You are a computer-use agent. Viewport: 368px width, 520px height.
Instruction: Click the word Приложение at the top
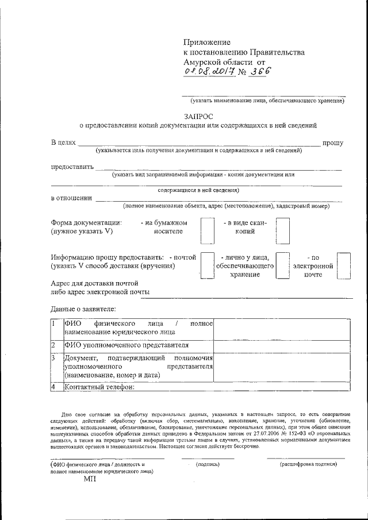coord(206,43)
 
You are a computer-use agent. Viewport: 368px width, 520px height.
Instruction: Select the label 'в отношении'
coord(71,198)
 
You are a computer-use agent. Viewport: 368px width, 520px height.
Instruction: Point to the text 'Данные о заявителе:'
coord(83,310)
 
